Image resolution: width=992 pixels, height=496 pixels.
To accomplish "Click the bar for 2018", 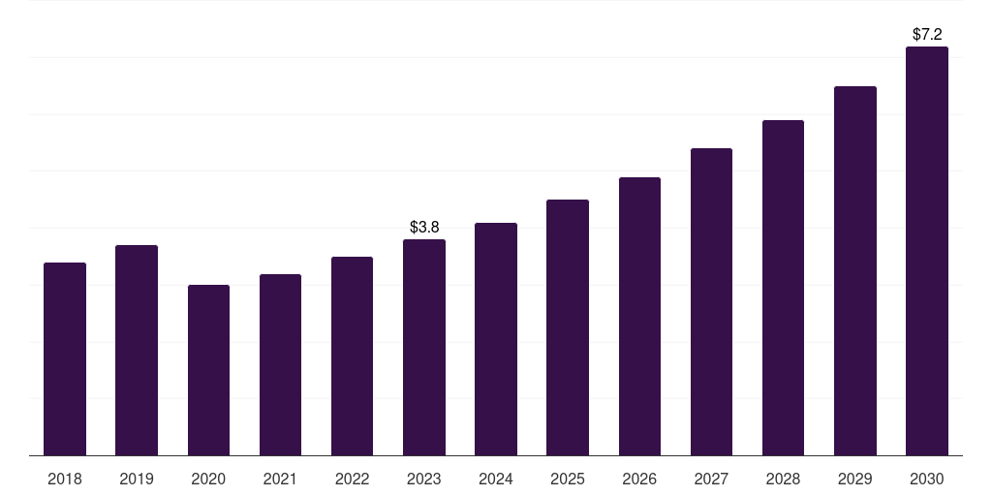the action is click(x=65, y=358).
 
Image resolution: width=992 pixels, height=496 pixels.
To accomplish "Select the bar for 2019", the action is click(x=137, y=350).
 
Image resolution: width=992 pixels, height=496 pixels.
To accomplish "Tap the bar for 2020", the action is click(x=209, y=370).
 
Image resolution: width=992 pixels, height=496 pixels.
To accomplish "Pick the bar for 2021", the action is click(x=280, y=364).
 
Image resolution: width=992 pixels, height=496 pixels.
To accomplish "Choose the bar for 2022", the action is click(x=352, y=356).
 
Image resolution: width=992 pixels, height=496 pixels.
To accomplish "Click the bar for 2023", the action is click(x=424, y=348).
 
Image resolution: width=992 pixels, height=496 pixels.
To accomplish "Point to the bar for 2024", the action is click(x=496, y=339).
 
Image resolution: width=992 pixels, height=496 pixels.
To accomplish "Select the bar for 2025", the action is click(x=568, y=327).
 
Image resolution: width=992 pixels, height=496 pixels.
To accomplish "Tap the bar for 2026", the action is click(x=639, y=317).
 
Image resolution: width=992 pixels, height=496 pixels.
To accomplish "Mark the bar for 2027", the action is click(x=711, y=302).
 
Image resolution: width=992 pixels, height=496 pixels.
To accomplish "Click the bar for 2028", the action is click(x=783, y=288).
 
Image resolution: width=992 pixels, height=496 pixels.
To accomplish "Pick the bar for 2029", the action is click(x=855, y=271).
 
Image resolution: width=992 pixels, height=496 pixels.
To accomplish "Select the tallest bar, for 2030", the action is click(x=927, y=251).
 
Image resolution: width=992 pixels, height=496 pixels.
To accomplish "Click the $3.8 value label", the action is click(x=424, y=227).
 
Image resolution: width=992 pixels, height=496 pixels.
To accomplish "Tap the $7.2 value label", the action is click(x=927, y=34).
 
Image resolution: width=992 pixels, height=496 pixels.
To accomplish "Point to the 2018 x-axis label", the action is click(x=65, y=479).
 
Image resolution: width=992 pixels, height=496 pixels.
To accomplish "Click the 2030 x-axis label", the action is click(x=927, y=479).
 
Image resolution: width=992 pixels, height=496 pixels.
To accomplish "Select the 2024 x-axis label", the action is click(x=496, y=479).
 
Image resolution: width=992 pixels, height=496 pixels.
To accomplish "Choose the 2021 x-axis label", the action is click(x=280, y=479).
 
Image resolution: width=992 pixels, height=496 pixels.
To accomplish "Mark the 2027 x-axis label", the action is click(x=711, y=479).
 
